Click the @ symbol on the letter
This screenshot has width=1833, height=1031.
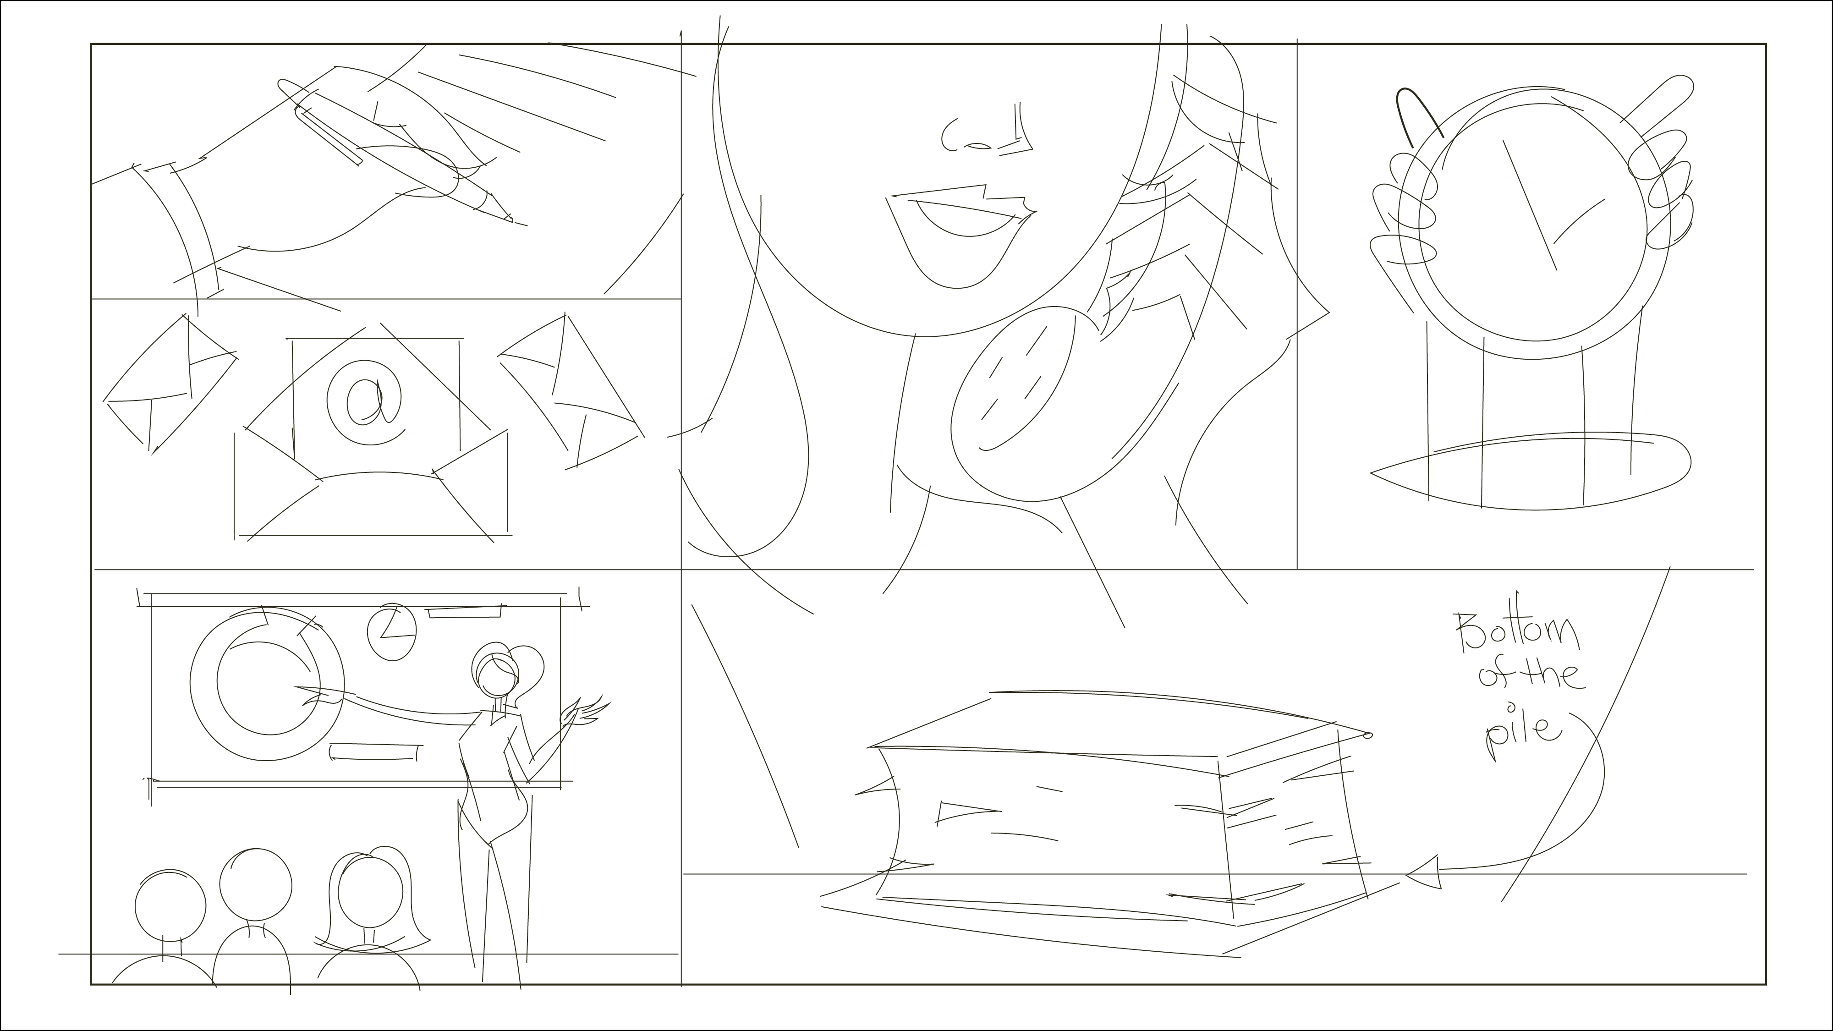(364, 400)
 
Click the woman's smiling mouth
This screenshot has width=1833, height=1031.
(960, 235)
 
